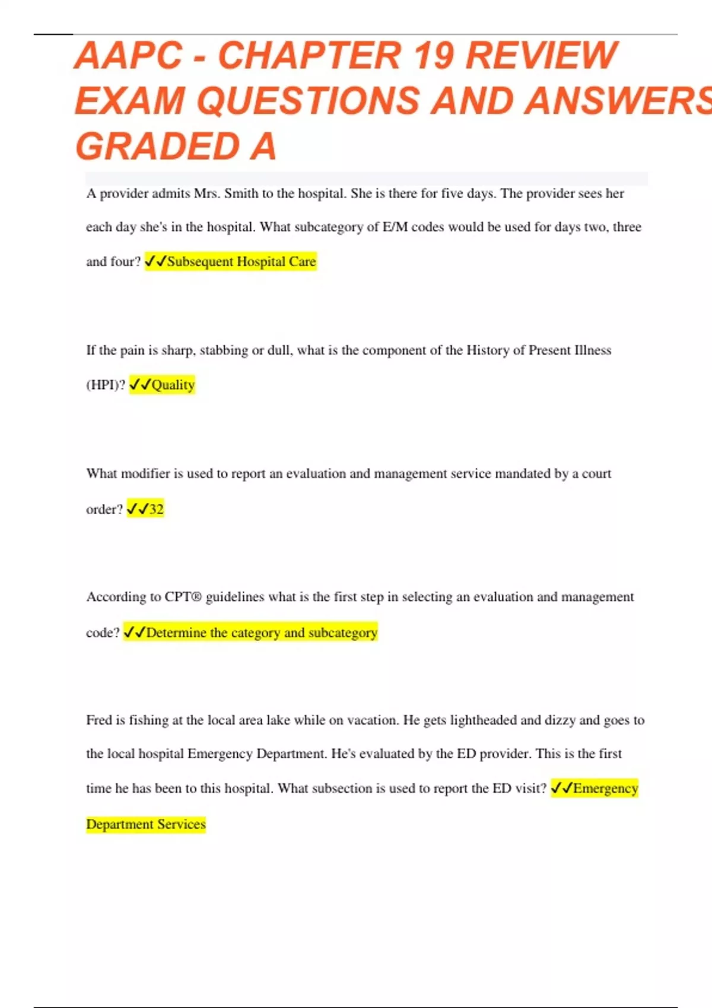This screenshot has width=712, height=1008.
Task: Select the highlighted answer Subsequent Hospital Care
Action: pyautogui.click(x=241, y=261)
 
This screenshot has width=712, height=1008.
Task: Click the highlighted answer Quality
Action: pyautogui.click(x=173, y=385)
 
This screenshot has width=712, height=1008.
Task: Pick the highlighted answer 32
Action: pyautogui.click(x=156, y=509)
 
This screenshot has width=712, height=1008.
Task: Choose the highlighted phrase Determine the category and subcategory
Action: pyautogui.click(x=261, y=633)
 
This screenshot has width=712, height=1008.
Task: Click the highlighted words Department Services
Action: pyautogui.click(x=146, y=824)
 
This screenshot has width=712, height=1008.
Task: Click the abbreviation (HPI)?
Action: pyautogui.click(x=106, y=385)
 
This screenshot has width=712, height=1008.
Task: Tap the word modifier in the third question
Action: pyautogui.click(x=145, y=473)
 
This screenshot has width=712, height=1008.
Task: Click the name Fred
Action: pyautogui.click(x=98, y=720)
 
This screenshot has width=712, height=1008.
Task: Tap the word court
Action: pyautogui.click(x=596, y=473)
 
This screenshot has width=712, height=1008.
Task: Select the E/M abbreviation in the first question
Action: pyautogui.click(x=395, y=227)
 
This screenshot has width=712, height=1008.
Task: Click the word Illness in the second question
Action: pyautogui.click(x=592, y=350)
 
